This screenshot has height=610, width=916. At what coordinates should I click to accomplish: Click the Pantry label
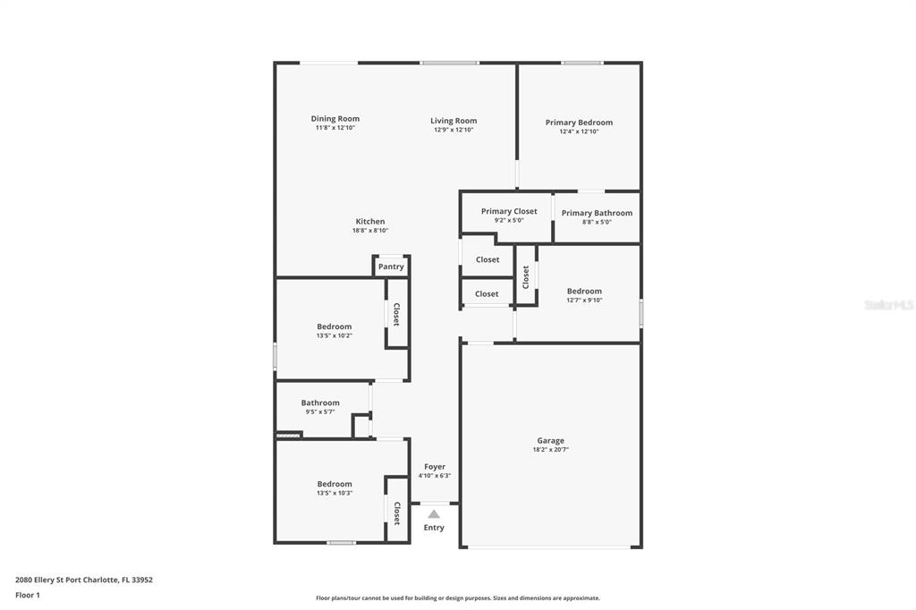point(391,267)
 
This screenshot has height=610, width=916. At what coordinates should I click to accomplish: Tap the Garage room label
point(551,441)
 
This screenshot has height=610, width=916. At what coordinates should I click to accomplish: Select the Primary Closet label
point(509,211)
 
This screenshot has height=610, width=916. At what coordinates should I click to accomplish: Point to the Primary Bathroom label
point(597,213)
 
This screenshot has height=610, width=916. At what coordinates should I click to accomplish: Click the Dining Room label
point(335,119)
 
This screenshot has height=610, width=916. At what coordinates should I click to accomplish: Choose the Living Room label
point(454,121)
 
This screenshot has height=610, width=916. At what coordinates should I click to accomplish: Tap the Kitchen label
point(369,222)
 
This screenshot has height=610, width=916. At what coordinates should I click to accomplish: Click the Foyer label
point(434,466)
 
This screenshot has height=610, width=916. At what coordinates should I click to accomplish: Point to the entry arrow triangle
point(434,514)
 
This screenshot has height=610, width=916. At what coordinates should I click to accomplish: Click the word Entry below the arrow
point(434,528)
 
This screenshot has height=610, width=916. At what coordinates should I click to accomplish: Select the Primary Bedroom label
point(579,123)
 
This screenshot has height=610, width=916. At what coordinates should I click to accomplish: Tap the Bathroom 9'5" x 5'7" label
point(320,407)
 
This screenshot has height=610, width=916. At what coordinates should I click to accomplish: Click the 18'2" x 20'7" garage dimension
point(550,449)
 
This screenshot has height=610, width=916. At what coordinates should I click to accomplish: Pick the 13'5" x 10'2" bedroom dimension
point(335,335)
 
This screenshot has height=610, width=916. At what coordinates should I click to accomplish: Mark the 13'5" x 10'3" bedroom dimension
point(335,493)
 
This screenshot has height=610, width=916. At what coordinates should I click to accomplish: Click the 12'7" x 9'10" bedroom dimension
point(584,300)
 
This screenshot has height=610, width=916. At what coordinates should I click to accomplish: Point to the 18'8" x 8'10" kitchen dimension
point(369,230)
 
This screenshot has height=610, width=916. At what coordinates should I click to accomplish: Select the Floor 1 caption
point(28,595)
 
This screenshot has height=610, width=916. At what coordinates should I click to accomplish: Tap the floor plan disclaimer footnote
point(457,597)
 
